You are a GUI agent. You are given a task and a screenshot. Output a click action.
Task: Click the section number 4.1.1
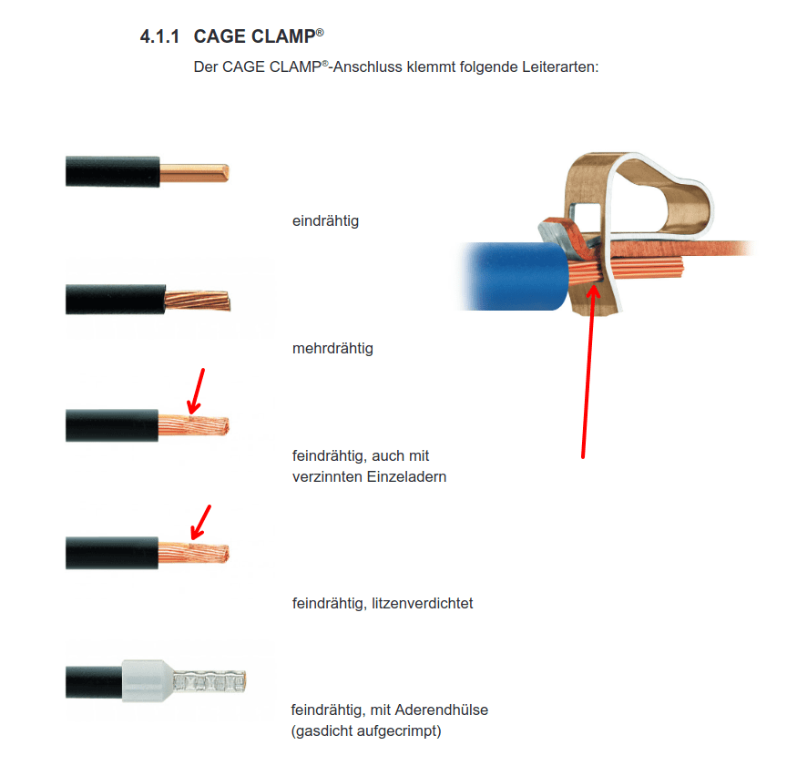[159, 36]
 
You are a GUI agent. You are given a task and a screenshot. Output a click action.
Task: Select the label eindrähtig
[325, 221]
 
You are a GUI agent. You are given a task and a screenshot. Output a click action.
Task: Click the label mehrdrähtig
[332, 349]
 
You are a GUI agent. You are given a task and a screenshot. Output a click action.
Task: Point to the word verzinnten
[327, 476]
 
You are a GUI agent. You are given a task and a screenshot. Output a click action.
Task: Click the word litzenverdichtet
[422, 603]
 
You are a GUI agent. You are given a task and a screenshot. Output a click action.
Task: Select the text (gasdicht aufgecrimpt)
[366, 730]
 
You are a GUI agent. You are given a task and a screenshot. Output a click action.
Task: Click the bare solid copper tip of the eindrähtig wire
[194, 173]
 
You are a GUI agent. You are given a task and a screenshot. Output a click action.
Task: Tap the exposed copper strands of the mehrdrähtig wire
[198, 300]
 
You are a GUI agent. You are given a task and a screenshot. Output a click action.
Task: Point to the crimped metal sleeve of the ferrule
[209, 681]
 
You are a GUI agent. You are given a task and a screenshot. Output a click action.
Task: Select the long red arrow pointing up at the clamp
[588, 372]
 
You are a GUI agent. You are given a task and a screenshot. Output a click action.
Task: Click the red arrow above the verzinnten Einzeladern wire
[196, 392]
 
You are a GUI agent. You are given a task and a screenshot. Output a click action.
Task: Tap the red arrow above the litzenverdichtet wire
[200, 523]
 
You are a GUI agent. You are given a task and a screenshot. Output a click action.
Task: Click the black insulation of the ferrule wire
[94, 681]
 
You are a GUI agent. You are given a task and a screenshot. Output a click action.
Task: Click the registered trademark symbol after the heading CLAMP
[320, 32]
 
